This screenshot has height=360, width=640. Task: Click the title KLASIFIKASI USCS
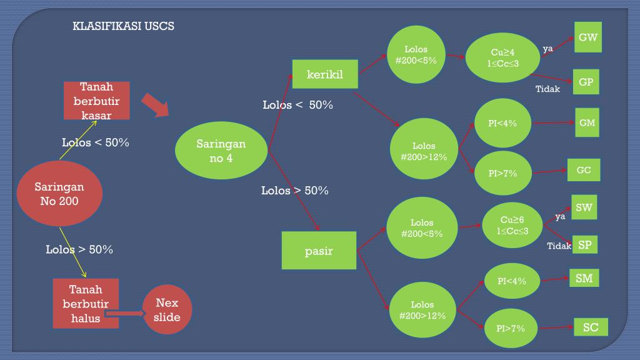[123, 26]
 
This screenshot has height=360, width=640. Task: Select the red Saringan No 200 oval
[59, 194]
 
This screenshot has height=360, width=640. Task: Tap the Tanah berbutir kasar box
[97, 101]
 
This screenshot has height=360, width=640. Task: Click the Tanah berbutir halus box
[86, 304]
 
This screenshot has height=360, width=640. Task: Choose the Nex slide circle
[167, 310]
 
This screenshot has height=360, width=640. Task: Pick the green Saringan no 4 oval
[221, 151]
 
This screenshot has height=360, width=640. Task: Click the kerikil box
[325, 75]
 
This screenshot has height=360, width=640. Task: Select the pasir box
[319, 251]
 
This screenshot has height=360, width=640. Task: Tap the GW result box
[587, 37]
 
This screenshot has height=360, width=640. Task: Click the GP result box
[586, 82]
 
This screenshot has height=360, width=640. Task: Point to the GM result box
[587, 123]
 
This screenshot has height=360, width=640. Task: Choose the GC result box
[584, 170]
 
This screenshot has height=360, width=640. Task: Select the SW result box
[584, 207]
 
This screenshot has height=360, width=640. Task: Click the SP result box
[584, 245]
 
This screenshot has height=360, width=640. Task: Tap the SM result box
[584, 278]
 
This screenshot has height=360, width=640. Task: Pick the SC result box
[591, 327]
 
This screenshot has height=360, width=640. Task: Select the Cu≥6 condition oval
[512, 226]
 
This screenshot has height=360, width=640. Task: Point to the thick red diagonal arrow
[155, 105]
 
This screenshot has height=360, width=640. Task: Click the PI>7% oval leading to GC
[503, 173]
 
